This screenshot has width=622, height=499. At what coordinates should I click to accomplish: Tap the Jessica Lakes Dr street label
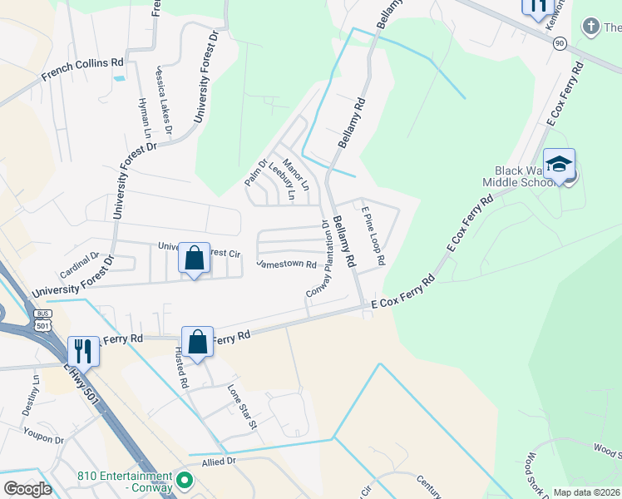click(x=163, y=101)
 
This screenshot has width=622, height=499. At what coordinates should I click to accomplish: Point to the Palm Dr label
click(x=256, y=172)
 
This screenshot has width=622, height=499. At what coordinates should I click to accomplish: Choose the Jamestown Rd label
click(x=287, y=264)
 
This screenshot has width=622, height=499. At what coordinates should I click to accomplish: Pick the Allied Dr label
click(x=220, y=460)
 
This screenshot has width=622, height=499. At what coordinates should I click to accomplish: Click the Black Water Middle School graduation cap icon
click(x=560, y=164)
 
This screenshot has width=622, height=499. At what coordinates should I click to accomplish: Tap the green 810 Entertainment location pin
click(x=185, y=480)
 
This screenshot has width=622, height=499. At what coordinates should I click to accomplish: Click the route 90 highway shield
click(x=560, y=42)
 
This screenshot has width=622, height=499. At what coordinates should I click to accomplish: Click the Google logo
click(x=28, y=488)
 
